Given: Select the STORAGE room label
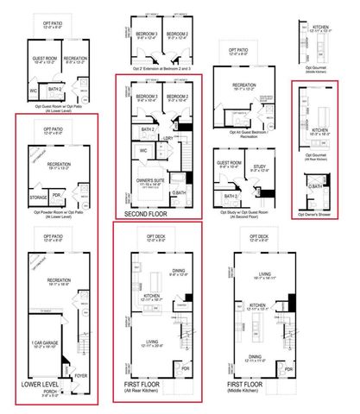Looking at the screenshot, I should pos(39,196).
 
